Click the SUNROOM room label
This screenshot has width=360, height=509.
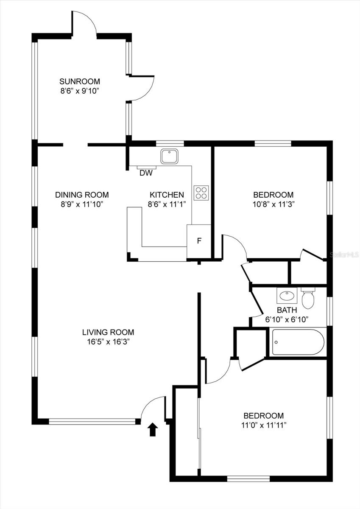coord(79,81)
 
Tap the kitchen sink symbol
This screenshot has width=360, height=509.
coord(170,157)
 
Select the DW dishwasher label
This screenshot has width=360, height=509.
coord(146,173)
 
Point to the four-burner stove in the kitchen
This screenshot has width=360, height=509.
coord(201,193)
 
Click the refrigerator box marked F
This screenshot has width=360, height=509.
coord(198,241)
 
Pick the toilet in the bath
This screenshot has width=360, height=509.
coord(308,299)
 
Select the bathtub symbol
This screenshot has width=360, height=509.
coord(298,342)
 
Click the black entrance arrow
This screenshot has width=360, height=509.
coord(152,429)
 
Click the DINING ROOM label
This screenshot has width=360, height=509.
coord(82,195)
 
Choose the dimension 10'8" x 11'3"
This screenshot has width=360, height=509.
coord(273,204)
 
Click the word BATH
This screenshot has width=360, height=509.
coord(287,310)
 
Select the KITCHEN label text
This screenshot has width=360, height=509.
coord(167,195)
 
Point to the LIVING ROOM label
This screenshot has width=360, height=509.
coord(108,333)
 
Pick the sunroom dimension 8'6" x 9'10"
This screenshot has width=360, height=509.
coord(79,90)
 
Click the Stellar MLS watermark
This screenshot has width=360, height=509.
coord(344,255)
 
